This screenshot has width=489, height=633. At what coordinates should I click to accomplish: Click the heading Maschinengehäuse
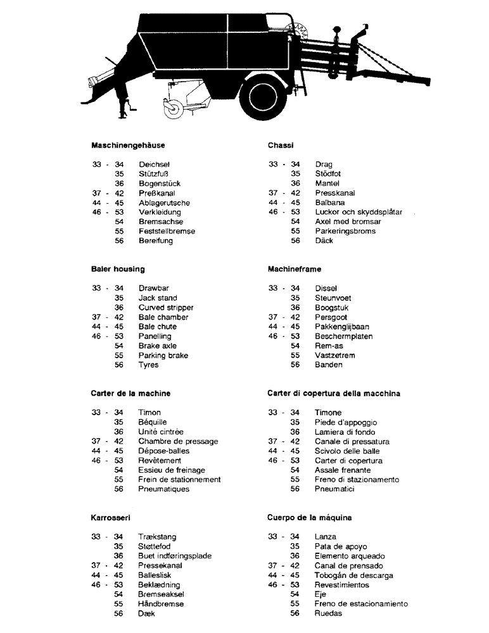[128, 145]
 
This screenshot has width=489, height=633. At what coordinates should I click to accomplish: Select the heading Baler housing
[118, 269]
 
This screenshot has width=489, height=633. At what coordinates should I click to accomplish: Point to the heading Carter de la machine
[130, 393]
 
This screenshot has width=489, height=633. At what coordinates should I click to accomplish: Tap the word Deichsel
[155, 165]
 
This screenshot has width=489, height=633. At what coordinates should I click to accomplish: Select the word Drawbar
[153, 288]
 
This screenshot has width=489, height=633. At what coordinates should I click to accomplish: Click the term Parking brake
[163, 355]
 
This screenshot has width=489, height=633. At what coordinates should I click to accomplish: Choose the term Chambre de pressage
[178, 441]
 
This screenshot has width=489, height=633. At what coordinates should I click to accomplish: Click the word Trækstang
[158, 537]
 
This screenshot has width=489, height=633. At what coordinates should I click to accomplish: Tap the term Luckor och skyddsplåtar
[359, 212]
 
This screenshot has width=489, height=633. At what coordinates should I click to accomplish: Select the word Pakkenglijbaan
[342, 327]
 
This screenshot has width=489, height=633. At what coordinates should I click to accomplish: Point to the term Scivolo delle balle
[348, 451]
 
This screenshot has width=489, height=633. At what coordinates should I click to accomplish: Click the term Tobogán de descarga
[353, 575]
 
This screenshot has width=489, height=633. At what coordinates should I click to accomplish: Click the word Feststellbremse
[167, 231]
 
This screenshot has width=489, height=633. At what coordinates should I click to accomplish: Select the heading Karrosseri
[111, 518]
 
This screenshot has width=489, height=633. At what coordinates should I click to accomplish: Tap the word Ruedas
[328, 613]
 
